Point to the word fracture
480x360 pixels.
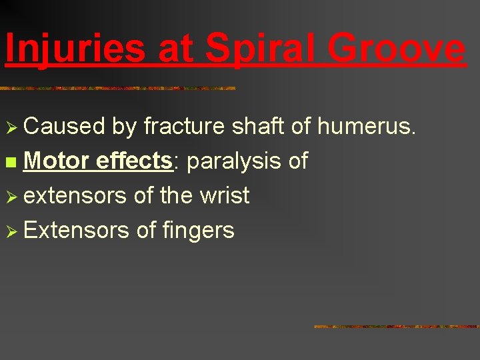point(185,126)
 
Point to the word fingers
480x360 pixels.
point(198,231)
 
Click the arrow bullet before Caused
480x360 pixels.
point(11,127)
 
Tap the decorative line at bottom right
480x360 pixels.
point(396,327)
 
